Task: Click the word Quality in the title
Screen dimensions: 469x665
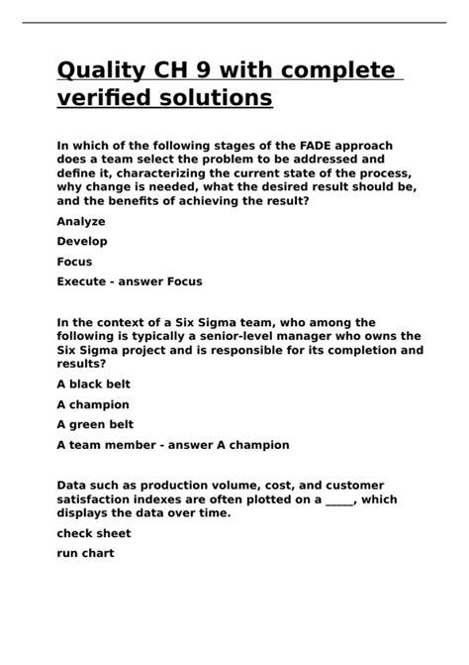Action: pyautogui.click(x=104, y=71)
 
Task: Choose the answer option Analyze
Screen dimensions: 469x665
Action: pyautogui.click(x=81, y=221)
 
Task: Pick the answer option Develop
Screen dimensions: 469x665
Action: pyautogui.click(x=82, y=241)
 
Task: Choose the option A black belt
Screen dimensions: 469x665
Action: pyautogui.click(x=93, y=384)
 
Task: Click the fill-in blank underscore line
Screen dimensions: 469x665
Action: pyautogui.click(x=338, y=499)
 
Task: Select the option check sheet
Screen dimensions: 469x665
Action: pyautogui.click(x=93, y=533)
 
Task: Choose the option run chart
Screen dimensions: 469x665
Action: pyautogui.click(x=86, y=553)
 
